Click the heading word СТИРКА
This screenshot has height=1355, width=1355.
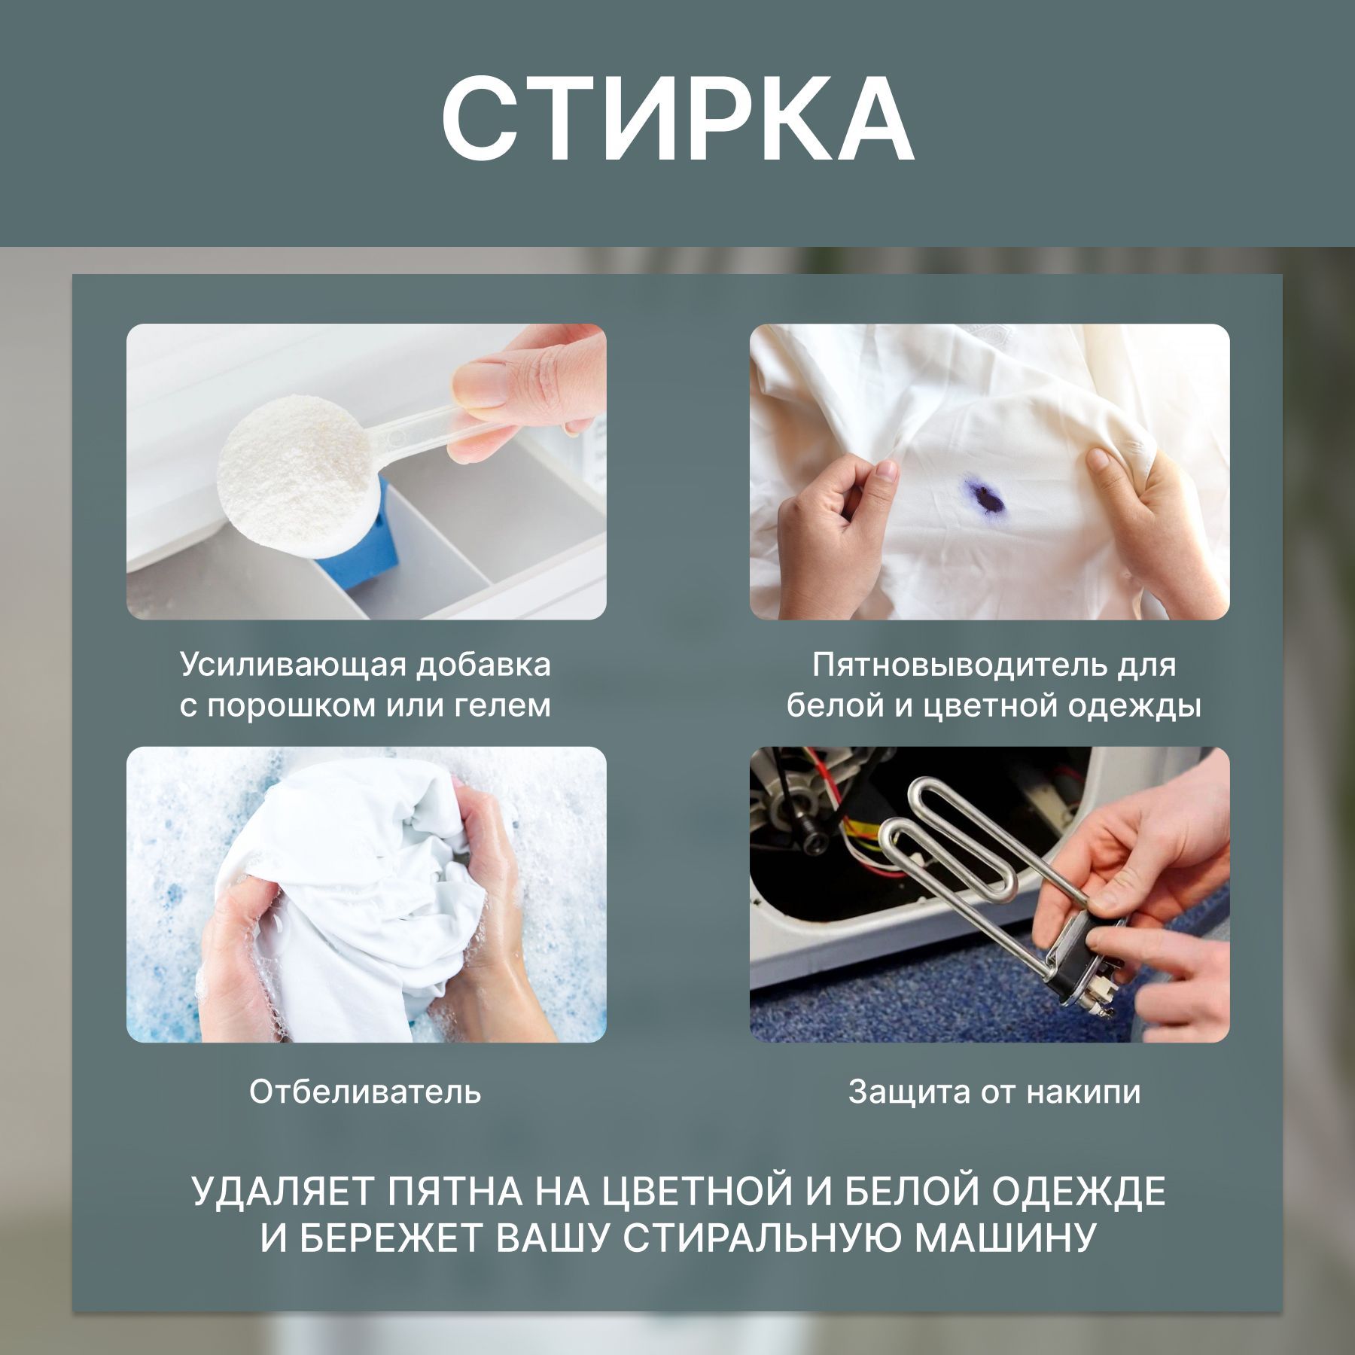click(x=677, y=119)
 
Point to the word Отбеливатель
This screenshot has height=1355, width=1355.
click(x=365, y=1092)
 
